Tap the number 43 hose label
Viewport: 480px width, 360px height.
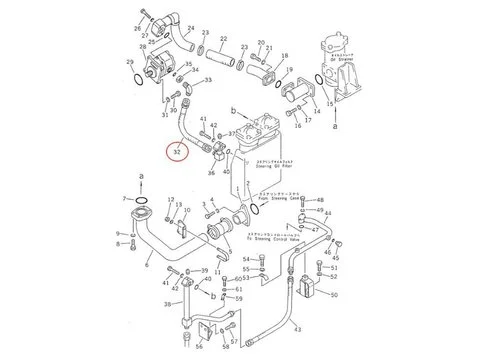(x=298, y=331)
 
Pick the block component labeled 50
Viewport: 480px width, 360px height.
(x=306, y=288)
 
